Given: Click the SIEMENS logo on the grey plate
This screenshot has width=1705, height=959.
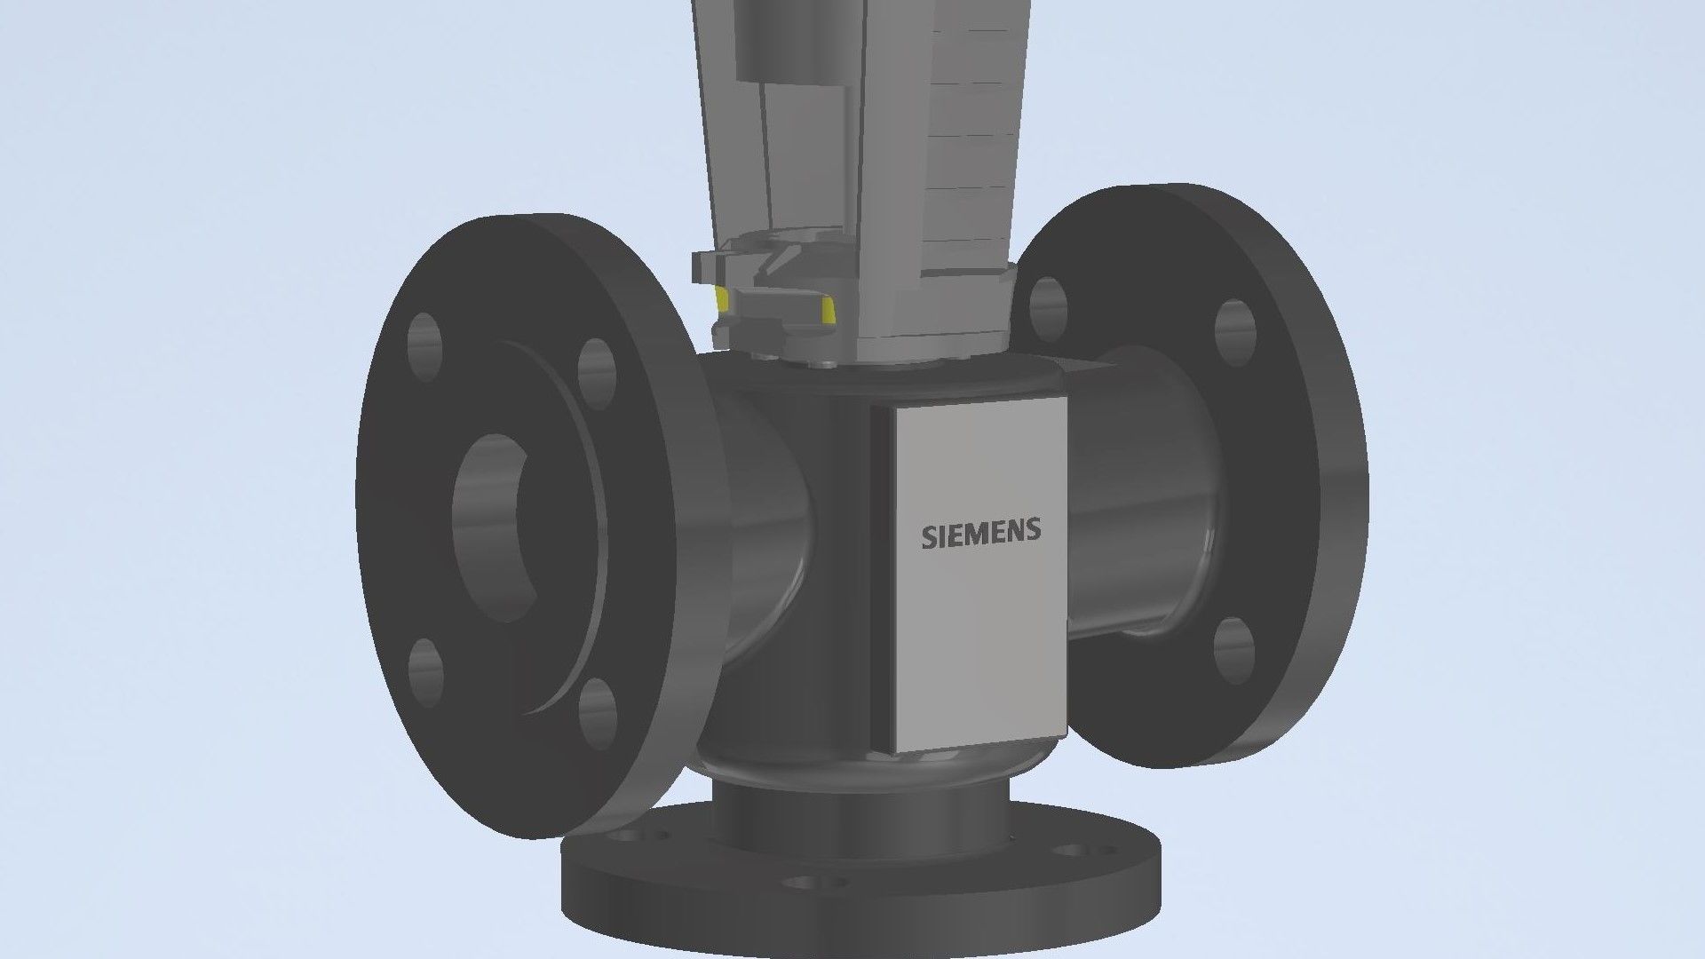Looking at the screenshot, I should pos(980,534).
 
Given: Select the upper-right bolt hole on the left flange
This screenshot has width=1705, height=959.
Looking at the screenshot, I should pos(597,367).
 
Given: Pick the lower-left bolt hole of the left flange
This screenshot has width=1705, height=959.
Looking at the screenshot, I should pos(426,668).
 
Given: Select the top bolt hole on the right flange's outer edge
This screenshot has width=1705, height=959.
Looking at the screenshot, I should pos(1234,333).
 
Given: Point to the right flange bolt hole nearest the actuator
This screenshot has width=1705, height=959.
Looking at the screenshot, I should pos(1048,308).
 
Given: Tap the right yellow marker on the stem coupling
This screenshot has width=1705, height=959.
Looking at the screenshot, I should pos(829,310).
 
